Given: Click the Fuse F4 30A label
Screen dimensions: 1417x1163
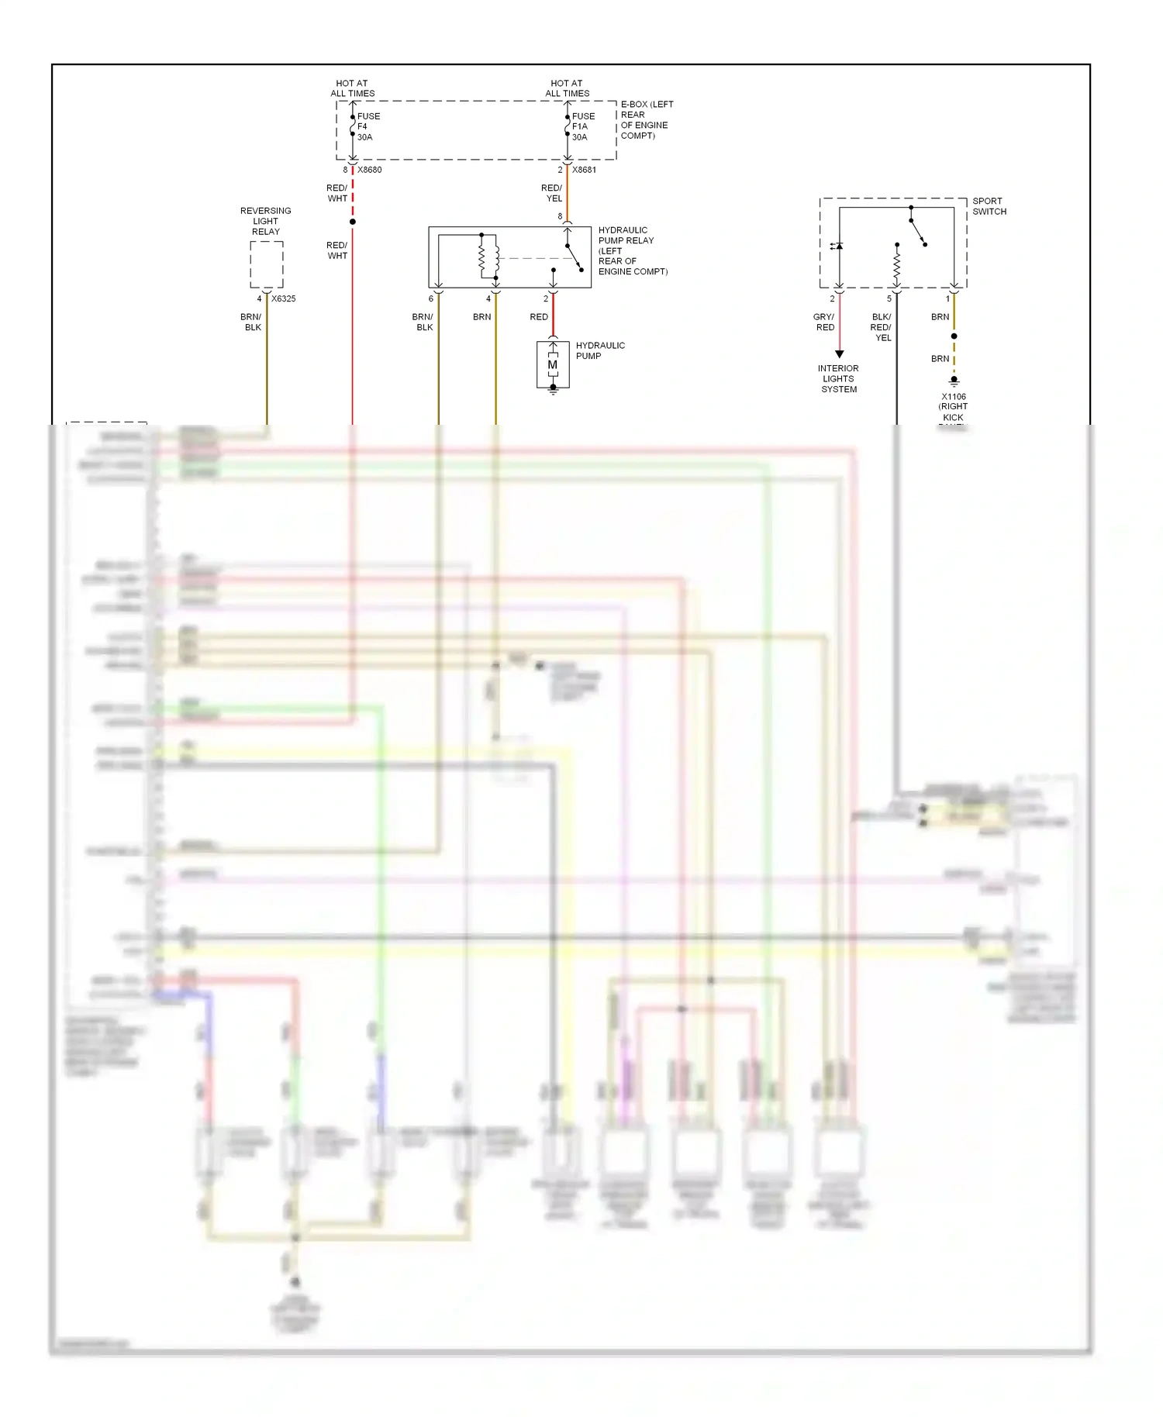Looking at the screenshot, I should coord(368,126).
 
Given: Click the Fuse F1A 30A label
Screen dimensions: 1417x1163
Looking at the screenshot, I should coord(582,126).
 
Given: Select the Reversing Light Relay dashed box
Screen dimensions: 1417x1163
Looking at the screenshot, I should coord(267,264).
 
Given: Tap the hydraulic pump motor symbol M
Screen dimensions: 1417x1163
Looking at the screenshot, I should coord(553,365).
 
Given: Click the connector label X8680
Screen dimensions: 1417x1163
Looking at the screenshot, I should coord(369,170).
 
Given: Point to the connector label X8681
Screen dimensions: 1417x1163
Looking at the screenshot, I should coord(584,170).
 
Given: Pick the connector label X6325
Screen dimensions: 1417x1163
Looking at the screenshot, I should coord(283,298).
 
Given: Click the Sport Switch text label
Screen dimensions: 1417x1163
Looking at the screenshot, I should coord(989,206).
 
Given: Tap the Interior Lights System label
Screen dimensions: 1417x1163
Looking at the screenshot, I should coord(839,379).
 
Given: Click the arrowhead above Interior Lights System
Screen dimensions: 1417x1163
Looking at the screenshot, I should coord(839,354).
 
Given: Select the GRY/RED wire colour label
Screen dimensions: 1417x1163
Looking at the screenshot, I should coord(824,322).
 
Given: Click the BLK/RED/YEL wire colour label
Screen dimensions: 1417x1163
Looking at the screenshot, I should coord(882,327).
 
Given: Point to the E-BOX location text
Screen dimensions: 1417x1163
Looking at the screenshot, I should coord(646,119).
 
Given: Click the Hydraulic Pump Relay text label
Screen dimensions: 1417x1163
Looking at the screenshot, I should coord(631,250).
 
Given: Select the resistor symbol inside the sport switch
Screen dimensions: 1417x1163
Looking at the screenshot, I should coord(897,266).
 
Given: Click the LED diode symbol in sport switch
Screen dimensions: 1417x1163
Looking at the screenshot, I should coord(837,247).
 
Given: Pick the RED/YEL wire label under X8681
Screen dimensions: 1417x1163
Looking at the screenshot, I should coord(552,193).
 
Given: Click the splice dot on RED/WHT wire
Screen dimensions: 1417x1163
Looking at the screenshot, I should coord(353,222).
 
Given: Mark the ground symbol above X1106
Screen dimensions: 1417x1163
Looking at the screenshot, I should coord(954,381).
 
